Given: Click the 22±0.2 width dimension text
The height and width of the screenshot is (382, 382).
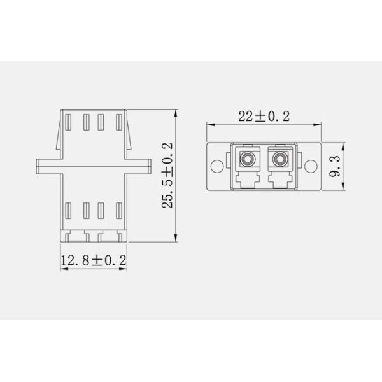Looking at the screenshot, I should [x=264, y=116].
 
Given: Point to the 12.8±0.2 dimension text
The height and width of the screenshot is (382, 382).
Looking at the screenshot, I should [x=94, y=260].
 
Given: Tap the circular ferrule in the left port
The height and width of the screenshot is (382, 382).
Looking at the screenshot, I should [x=248, y=156].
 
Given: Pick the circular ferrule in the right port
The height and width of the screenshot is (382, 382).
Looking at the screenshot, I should [x=278, y=156].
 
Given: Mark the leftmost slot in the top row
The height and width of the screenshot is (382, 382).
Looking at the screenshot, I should [x=70, y=122].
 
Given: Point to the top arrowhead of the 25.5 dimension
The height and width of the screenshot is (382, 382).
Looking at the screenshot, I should [x=176, y=113].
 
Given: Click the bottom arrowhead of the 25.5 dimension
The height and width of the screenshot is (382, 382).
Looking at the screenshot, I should [x=176, y=240].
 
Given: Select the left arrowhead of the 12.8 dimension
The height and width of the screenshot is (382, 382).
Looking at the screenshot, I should [x=63, y=267].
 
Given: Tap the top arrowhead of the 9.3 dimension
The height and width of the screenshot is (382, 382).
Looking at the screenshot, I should [x=344, y=144].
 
